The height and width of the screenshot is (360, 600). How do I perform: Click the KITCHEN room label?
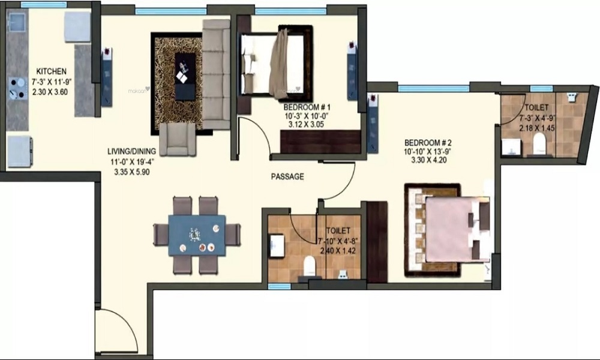coord(50,71)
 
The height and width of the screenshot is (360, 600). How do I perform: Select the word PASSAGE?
coord(287,177)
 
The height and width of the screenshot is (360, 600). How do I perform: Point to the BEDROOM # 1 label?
coord(307,107)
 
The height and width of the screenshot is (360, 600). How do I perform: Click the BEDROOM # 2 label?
coord(427,142)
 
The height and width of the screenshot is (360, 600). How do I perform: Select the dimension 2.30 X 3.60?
coord(50,92)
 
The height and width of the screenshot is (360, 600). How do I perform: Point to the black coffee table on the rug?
coord(185,76)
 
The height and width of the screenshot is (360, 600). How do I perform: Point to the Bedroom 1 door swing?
coord(254,135)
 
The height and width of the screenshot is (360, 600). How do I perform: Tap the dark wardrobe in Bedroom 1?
coord(320,140)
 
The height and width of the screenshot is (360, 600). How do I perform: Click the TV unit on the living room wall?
coord(106,76)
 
